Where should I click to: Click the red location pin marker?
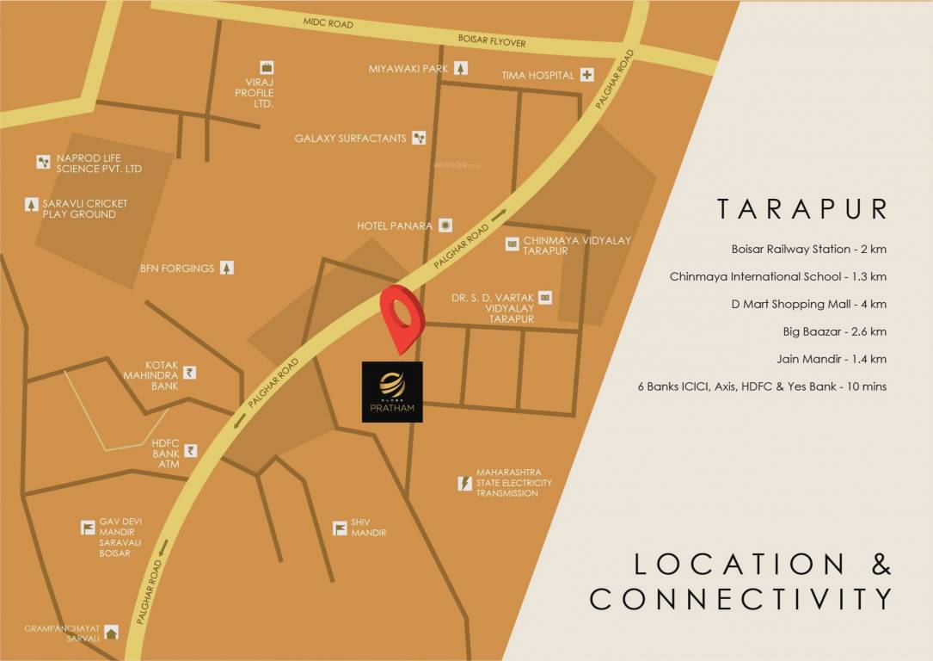402,315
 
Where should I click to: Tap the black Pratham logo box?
392,392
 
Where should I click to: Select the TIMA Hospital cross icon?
587,75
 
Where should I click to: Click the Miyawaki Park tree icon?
462,68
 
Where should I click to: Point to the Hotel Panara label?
395,225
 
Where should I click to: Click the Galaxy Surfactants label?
350,138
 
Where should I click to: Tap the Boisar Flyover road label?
493,42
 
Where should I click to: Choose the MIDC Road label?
327,23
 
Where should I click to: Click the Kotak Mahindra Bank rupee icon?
189,374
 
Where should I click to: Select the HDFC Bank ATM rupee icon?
190,450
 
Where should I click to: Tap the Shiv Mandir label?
368,528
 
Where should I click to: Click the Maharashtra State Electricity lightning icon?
465,483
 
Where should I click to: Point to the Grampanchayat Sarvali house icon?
111,633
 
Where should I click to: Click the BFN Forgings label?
177,268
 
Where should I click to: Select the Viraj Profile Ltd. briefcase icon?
267,67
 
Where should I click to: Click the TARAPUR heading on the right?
802,209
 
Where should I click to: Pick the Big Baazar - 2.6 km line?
820,331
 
